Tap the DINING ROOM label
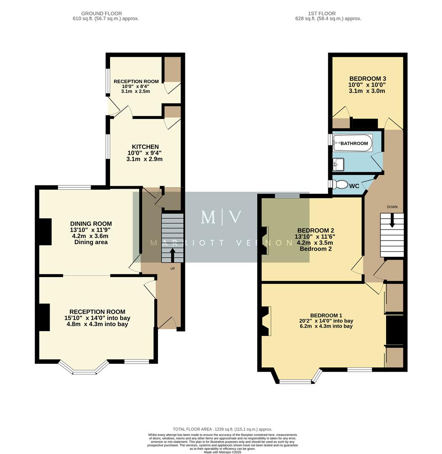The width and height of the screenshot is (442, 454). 91,224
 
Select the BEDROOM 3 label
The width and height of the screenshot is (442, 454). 367,79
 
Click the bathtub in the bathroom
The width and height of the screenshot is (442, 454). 353,143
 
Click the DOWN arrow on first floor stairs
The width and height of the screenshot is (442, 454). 392,220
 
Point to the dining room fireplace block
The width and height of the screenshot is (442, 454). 45,232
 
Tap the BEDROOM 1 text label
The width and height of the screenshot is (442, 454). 326,315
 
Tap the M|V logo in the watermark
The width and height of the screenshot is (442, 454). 221,217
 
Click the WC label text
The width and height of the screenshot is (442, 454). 354,186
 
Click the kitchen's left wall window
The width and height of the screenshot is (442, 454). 108,147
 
